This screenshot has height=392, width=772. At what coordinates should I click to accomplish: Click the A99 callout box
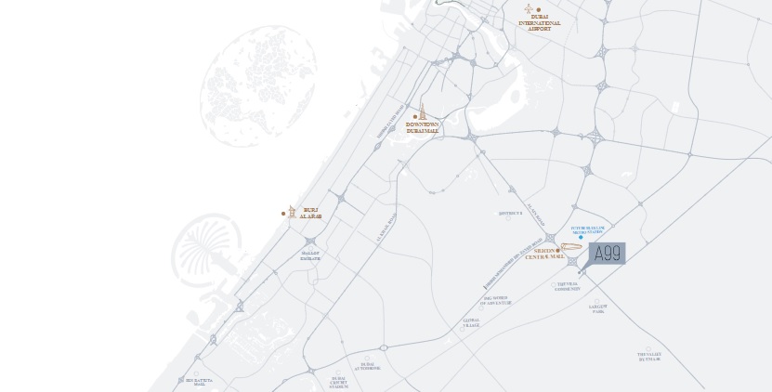(608, 254)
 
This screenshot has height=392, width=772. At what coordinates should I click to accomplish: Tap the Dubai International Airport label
(540, 23)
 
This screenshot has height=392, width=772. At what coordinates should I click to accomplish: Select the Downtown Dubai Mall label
(422, 128)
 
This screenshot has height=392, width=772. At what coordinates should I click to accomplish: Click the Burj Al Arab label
(310, 214)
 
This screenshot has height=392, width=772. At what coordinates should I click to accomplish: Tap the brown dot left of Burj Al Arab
(283, 214)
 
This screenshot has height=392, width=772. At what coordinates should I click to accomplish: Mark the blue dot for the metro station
(581, 238)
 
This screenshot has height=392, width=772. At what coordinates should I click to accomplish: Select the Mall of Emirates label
(310, 255)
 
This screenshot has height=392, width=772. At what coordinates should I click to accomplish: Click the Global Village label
(471, 321)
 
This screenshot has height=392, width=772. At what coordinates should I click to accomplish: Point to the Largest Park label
(597, 308)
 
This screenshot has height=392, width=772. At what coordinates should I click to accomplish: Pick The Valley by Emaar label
(649, 356)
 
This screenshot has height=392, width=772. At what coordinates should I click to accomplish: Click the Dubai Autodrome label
(367, 366)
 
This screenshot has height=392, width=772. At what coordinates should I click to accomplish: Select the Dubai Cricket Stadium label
(340, 382)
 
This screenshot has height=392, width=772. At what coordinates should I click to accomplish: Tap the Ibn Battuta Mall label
(200, 382)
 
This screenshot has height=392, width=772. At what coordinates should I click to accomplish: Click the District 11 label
(511, 213)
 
